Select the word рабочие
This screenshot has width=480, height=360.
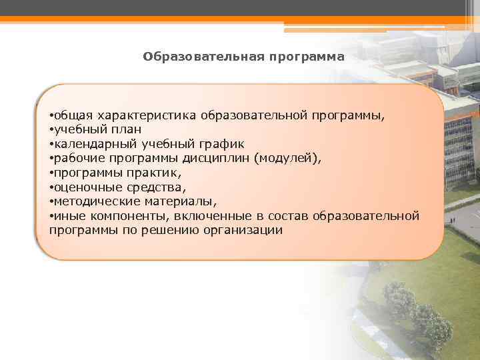77,158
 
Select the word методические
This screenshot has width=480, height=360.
93,201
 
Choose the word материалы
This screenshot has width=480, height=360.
185,201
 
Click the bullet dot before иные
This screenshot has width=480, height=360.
51,216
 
